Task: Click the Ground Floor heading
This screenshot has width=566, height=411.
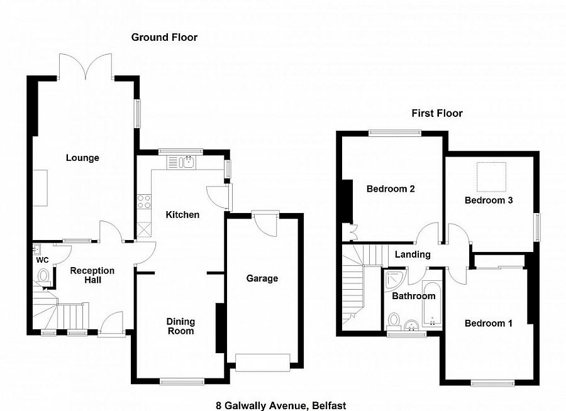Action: tap(164, 38)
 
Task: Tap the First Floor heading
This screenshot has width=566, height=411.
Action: tap(437, 114)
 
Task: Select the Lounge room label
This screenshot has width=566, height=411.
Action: tap(82, 158)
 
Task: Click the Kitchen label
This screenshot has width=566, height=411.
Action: tap(182, 215)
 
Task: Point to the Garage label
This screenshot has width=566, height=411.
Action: tap(262, 278)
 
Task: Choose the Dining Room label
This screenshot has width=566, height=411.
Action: tap(180, 326)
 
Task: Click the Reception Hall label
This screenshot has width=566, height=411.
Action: tap(92, 275)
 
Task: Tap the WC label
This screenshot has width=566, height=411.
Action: tap(42, 260)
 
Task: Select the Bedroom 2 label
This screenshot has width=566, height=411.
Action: tap(391, 189)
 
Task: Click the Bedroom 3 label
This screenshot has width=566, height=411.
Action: tap(489, 200)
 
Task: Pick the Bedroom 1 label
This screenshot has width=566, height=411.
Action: tap(489, 324)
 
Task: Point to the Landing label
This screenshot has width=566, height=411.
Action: tap(413, 255)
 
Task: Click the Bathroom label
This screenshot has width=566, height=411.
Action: tap(414, 296)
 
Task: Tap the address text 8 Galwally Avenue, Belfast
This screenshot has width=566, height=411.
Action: tap(278, 406)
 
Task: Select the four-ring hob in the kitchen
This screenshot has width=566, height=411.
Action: tap(144, 202)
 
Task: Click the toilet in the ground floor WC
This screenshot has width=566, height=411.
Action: tap(43, 275)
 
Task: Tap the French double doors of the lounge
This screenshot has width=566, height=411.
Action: tap(86, 65)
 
